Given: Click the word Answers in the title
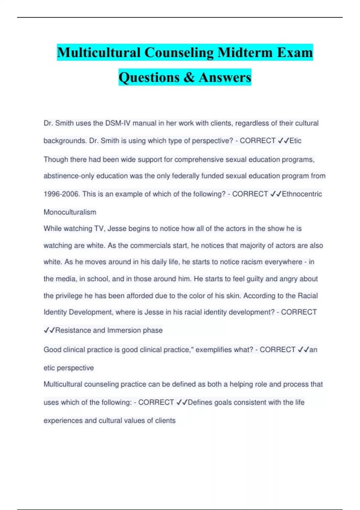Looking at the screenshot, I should point(225,77).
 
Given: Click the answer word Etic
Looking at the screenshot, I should point(295,141).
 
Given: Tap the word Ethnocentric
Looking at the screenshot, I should point(302,194).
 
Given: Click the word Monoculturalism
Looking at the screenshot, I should point(70,212).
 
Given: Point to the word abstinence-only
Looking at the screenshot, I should point(69,176).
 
